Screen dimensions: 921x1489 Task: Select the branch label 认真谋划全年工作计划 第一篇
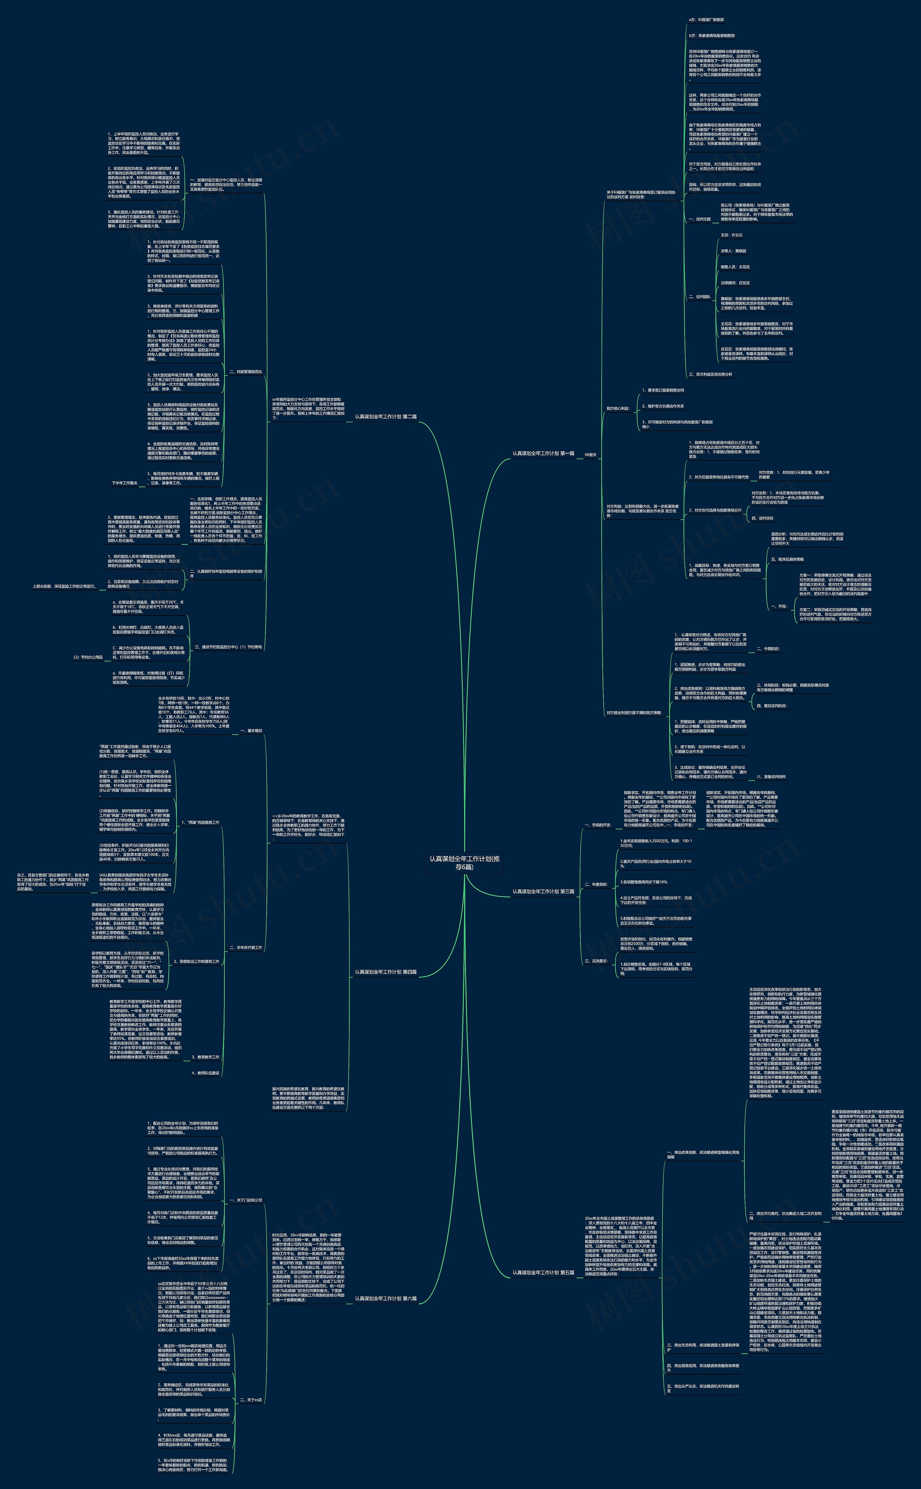pos(543,454)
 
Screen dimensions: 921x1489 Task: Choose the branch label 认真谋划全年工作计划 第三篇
pos(543,892)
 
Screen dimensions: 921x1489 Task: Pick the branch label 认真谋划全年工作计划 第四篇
pos(386,972)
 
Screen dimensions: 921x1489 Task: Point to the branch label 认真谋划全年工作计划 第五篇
pos(543,1273)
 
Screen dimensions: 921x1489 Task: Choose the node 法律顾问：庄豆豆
pos(735,283)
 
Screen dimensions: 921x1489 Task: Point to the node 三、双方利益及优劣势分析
pos(710,374)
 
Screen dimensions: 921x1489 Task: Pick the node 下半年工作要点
pos(124,483)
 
